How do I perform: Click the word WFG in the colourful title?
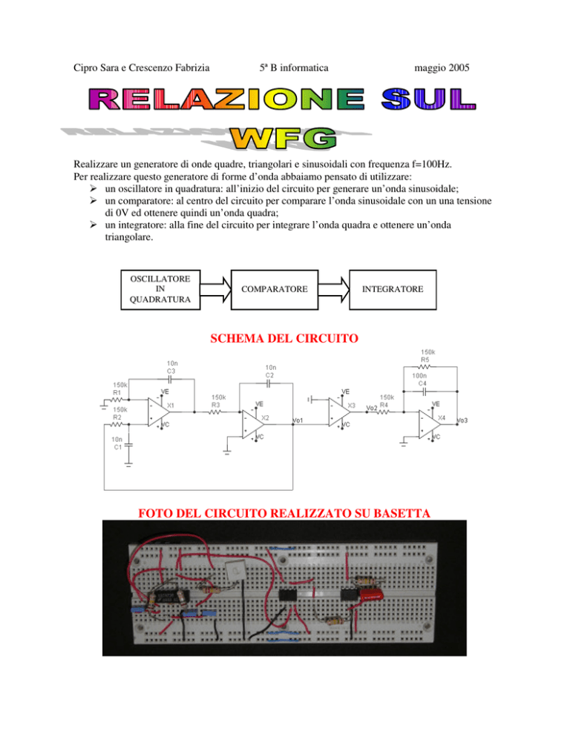[284, 139]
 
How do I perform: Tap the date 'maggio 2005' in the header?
[442, 67]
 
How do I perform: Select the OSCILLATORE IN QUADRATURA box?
[160, 289]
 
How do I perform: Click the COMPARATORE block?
[275, 289]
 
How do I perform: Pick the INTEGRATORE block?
[393, 289]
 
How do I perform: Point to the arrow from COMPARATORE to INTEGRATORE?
[334, 289]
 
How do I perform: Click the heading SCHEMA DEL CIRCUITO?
[284, 338]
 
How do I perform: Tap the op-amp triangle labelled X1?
[159, 412]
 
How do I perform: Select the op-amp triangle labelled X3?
[339, 412]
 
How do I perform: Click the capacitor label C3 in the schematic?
[171, 371]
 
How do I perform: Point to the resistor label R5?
[425, 360]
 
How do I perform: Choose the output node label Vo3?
[462, 420]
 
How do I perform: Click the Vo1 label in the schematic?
[298, 420]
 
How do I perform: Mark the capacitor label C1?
[118, 447]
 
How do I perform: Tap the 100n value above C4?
[419, 376]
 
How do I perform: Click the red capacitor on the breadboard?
[372, 595]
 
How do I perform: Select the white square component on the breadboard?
[235, 571]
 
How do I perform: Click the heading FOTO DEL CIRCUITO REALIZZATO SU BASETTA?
[284, 513]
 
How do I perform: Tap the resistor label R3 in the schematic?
[215, 405]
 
